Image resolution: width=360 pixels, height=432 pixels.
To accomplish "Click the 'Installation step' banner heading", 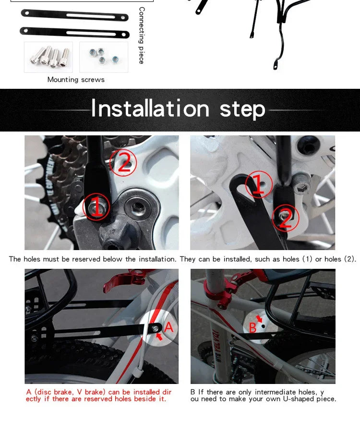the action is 178,109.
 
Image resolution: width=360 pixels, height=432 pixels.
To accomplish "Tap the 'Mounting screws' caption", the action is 76,80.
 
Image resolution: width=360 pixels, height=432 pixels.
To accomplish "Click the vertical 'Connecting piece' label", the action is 141,36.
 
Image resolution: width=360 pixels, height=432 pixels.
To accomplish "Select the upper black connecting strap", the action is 75,15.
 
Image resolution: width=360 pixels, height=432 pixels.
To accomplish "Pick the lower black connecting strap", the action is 75,33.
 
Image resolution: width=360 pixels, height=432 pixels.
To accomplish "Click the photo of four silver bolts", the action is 48,57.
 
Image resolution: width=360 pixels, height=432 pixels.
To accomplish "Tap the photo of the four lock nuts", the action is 104,57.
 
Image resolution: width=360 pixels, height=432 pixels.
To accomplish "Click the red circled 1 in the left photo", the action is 96,206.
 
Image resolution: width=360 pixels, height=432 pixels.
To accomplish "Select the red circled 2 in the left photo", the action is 123,163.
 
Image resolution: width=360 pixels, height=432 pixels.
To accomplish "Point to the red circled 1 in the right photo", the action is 258,184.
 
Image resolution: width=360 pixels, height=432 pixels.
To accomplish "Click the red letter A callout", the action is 168,327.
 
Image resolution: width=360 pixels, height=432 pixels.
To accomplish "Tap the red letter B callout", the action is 252,328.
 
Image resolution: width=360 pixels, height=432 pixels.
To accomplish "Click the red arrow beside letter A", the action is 159,336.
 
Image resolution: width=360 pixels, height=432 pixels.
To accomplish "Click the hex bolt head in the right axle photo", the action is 301,185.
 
